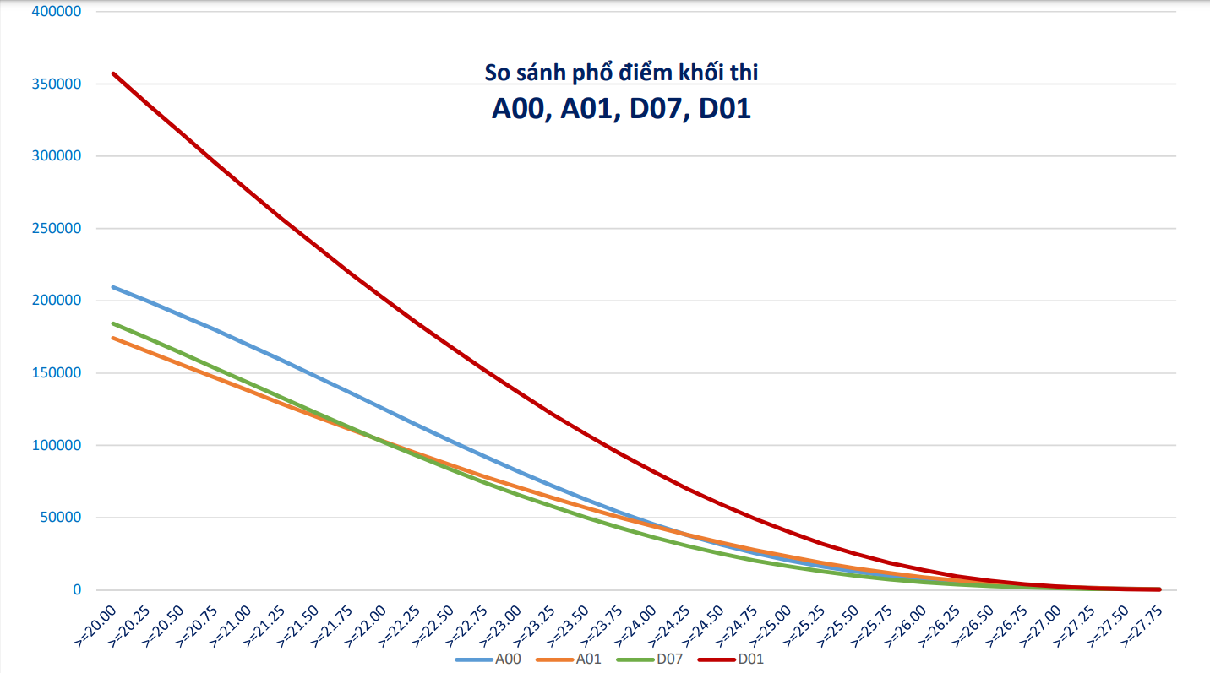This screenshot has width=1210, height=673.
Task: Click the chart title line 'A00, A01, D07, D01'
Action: coord(621,109)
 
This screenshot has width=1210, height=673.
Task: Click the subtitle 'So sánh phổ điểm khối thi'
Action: coord(621,73)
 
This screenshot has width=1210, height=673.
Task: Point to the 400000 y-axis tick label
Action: coord(55,12)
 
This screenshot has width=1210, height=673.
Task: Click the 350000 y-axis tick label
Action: coord(55,84)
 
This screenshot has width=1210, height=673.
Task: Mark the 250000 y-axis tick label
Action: coord(55,229)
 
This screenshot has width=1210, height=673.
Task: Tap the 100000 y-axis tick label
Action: coord(55,446)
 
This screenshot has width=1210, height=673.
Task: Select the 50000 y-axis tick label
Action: coord(58,518)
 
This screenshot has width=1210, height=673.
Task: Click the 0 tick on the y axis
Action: coord(76,590)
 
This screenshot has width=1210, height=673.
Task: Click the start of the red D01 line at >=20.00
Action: coord(113,73)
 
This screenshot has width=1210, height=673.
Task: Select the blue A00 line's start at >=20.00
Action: coord(113,287)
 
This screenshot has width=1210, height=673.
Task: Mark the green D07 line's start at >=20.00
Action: coord(113,323)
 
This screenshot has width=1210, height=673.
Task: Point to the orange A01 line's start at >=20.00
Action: coord(113,339)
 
